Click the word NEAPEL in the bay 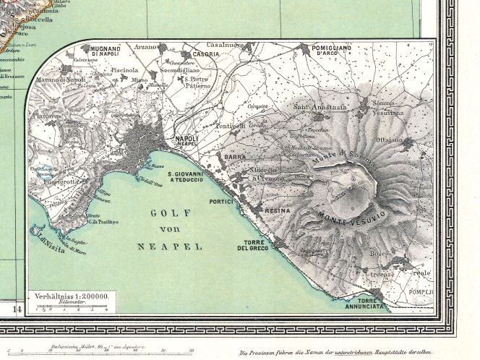click(x=169, y=247)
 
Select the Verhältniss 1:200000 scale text click(x=70, y=296)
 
